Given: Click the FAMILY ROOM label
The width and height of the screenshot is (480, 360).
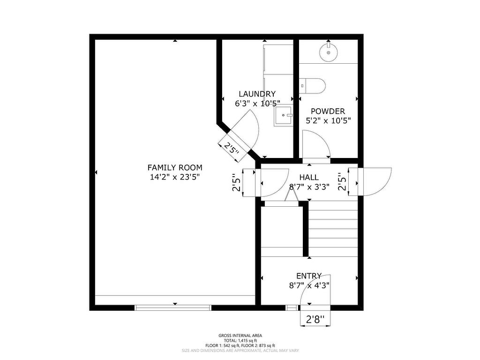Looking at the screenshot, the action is coord(175,167).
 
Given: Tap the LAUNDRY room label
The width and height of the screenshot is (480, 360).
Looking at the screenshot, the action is coord(257,94).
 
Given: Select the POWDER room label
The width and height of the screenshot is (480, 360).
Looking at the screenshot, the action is coord(328,111).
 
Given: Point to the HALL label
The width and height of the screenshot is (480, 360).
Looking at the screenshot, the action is coord(309,177).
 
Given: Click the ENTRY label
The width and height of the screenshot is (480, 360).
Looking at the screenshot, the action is coord(309,276).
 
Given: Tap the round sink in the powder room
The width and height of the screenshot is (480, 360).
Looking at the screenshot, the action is coord(329,52).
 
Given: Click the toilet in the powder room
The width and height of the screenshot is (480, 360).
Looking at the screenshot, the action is coord(312,86).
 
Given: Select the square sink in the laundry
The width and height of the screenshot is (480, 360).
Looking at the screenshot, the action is coord(284,115).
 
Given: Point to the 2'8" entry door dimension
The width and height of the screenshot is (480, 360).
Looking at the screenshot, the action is coord(315,320).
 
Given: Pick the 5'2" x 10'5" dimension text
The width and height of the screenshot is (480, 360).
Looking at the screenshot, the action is coord(328,120).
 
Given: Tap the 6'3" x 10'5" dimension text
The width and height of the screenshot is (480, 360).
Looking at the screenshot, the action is coord(257,104).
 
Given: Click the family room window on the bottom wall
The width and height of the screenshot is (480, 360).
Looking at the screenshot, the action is coord(173,307).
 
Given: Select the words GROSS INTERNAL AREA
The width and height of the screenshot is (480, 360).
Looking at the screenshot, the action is coord(240,336).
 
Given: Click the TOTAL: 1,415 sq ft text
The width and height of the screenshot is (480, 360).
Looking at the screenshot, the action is coord(240,340).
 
